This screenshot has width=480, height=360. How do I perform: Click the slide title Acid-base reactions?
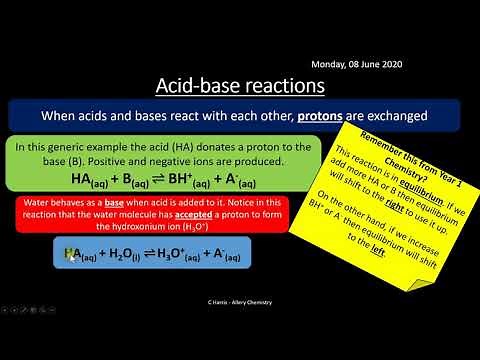(240, 84)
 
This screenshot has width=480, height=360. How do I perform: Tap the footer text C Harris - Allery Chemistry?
(240, 303)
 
